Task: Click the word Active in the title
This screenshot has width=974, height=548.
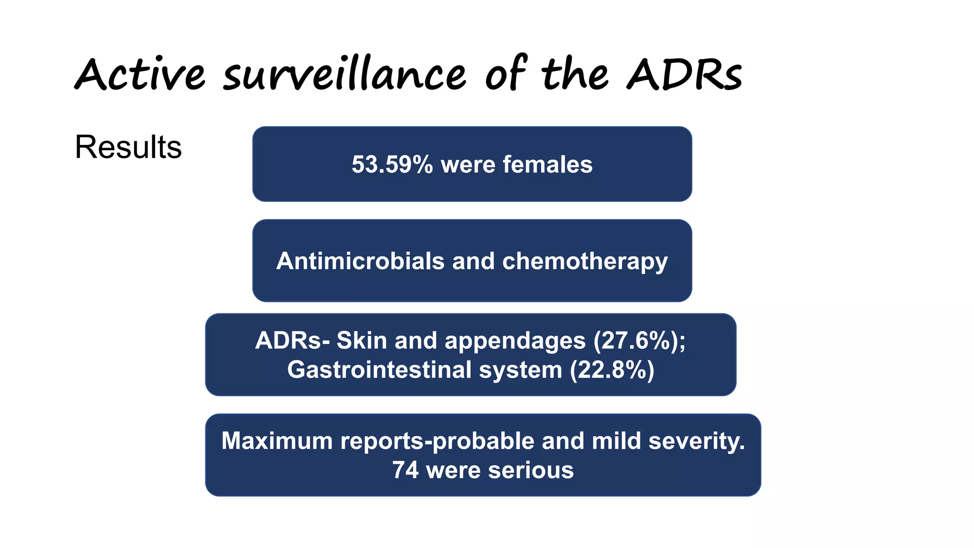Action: pyautogui.click(x=140, y=75)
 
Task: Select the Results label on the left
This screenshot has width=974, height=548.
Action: pyautogui.click(x=128, y=147)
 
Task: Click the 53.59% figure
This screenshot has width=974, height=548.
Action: pyautogui.click(x=392, y=165)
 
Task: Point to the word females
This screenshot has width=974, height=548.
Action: pyautogui.click(x=547, y=165)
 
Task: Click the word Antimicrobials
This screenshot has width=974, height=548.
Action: pyautogui.click(x=360, y=261)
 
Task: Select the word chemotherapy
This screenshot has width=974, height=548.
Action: pyautogui.click(x=585, y=261)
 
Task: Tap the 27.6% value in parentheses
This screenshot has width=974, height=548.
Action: pyautogui.click(x=636, y=341)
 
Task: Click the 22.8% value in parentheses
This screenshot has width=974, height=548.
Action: pyautogui.click(x=612, y=370)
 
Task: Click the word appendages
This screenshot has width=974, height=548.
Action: pyautogui.click(x=515, y=341)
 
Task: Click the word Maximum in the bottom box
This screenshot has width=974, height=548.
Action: pyautogui.click(x=277, y=441)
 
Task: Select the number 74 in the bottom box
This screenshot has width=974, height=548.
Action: pyautogui.click(x=405, y=470)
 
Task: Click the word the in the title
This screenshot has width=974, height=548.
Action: pyautogui.click(x=575, y=75)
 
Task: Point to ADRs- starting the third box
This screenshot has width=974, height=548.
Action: pyautogui.click(x=292, y=341)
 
